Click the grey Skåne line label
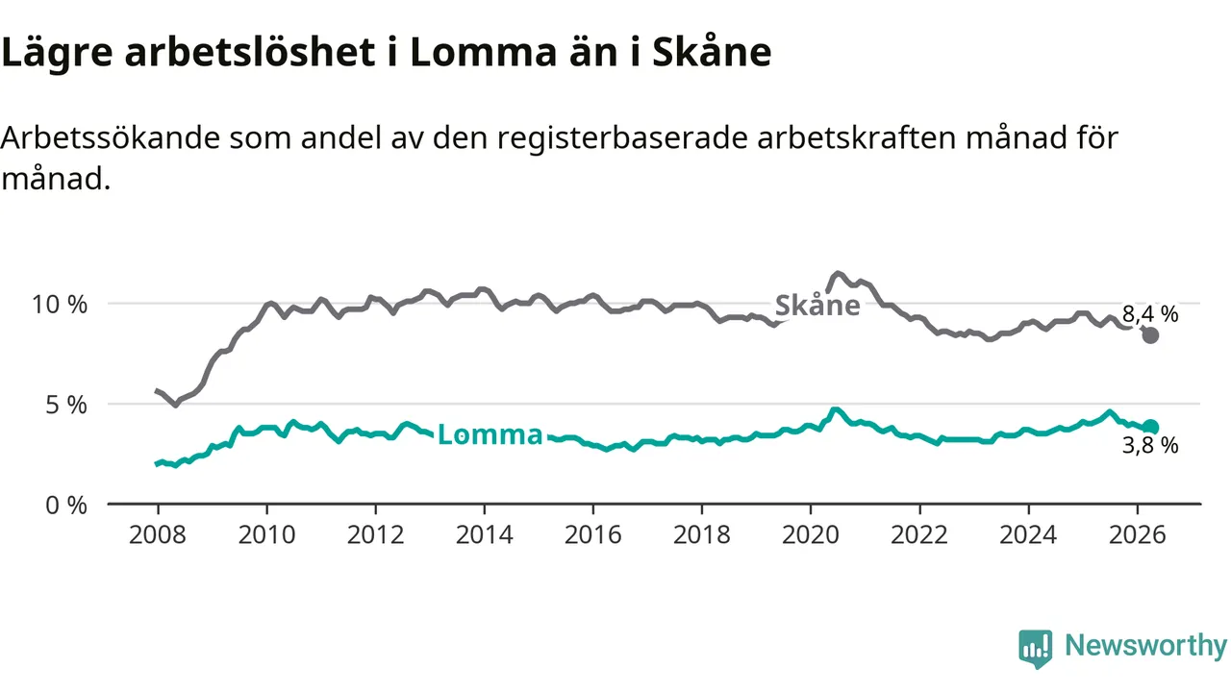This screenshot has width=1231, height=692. [x=817, y=305]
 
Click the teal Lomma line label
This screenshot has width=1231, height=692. [x=490, y=434]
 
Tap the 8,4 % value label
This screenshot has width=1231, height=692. [x=1150, y=314]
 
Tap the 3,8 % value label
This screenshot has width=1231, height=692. [x=1150, y=445]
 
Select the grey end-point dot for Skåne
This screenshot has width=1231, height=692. [x=1150, y=335]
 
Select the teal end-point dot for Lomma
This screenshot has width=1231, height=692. [x=1150, y=427]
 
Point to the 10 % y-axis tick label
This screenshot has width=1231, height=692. [x=60, y=305]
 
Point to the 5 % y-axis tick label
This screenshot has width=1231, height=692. [x=66, y=405]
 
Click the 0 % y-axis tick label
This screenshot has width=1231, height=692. [x=66, y=506]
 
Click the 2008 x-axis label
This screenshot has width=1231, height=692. [x=158, y=534]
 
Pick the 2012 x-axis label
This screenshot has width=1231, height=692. [x=375, y=534]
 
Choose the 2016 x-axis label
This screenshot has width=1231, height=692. [x=593, y=534]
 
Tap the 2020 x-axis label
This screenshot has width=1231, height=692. [x=811, y=534]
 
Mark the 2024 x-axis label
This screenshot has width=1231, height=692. [x=1028, y=534]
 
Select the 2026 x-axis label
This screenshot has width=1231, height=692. [x=1137, y=534]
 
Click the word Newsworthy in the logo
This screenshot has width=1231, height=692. [x=1145, y=646]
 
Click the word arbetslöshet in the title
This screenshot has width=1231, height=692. [x=249, y=52]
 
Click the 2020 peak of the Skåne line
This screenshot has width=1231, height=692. [x=837, y=273]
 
